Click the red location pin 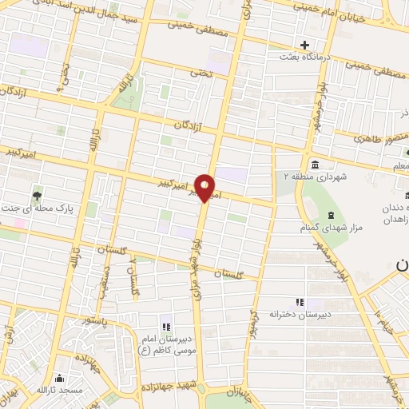pos(206,188)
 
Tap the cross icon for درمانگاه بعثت pos(304,45)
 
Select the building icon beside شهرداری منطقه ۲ pos(312,165)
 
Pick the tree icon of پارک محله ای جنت pos(37,194)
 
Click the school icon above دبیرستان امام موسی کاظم pos(166,326)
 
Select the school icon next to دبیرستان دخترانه pos(300,302)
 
